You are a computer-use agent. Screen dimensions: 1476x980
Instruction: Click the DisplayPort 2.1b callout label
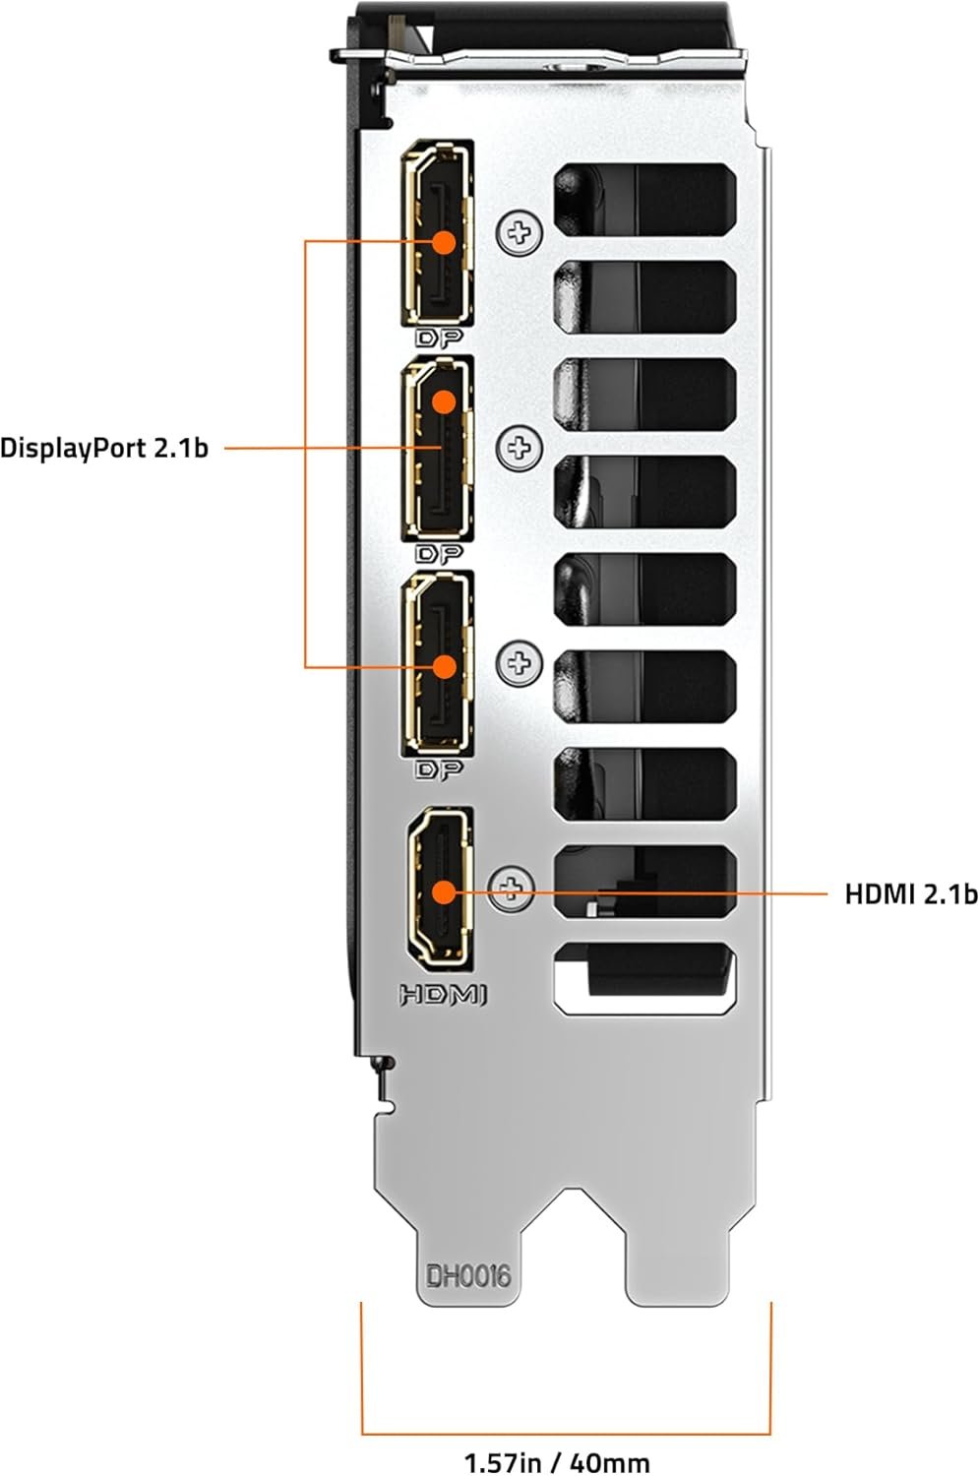coord(104,449)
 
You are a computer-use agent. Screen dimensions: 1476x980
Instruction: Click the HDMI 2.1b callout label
coord(910,893)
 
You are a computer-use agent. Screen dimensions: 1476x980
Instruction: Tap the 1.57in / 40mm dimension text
coord(557,1462)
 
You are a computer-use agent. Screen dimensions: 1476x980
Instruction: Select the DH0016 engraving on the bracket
coord(468,1276)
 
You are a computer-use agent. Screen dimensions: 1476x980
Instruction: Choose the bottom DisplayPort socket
coord(437,664)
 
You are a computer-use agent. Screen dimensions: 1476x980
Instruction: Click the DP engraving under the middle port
coord(440,554)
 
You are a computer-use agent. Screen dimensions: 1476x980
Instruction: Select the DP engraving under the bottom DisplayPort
coord(440,769)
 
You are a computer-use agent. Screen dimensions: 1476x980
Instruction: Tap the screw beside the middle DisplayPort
coord(520,449)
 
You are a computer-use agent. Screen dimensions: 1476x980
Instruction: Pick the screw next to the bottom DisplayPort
coord(520,664)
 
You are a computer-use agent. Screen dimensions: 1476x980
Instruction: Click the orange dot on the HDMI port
coord(444,892)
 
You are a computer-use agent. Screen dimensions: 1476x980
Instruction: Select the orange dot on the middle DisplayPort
coord(444,401)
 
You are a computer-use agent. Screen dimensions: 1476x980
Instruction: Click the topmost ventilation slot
coord(644,196)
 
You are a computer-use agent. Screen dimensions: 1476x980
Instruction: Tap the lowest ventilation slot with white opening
coord(644,978)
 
